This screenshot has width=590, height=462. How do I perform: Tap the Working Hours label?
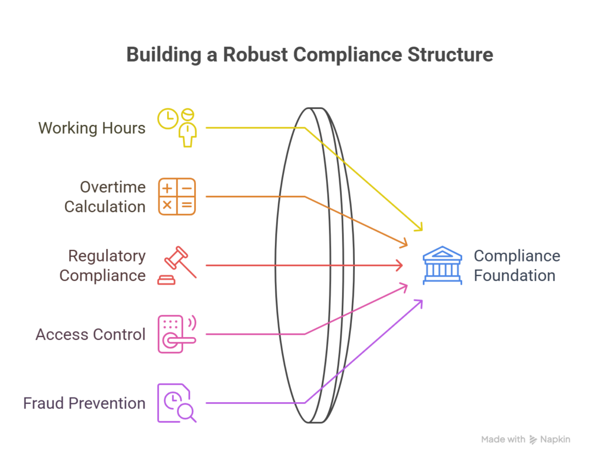coord(92,127)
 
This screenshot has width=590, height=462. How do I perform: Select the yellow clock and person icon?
coord(177,127)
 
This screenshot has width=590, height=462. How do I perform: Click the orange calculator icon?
coord(177,196)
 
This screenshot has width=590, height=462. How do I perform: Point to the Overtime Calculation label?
coord(105,196)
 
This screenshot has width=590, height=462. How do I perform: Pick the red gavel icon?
coord(177,266)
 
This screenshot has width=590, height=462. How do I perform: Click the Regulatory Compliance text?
coord(103,266)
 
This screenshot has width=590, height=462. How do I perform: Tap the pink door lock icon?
coord(177,334)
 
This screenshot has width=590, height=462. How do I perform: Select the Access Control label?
coord(90,335)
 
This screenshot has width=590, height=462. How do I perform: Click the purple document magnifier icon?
coord(177,403)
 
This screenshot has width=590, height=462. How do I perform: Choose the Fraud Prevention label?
coord(84,403)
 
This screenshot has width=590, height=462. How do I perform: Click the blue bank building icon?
coord(442,265)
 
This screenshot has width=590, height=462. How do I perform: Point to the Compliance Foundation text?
coord(516,266)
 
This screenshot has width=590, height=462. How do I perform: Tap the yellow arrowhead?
coord(419,227)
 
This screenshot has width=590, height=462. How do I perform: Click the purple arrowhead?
coord(420,303)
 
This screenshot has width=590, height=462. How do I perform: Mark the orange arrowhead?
coord(405,244)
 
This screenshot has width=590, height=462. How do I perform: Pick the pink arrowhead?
coord(405,286)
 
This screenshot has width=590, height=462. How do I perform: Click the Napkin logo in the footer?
coord(550,440)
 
